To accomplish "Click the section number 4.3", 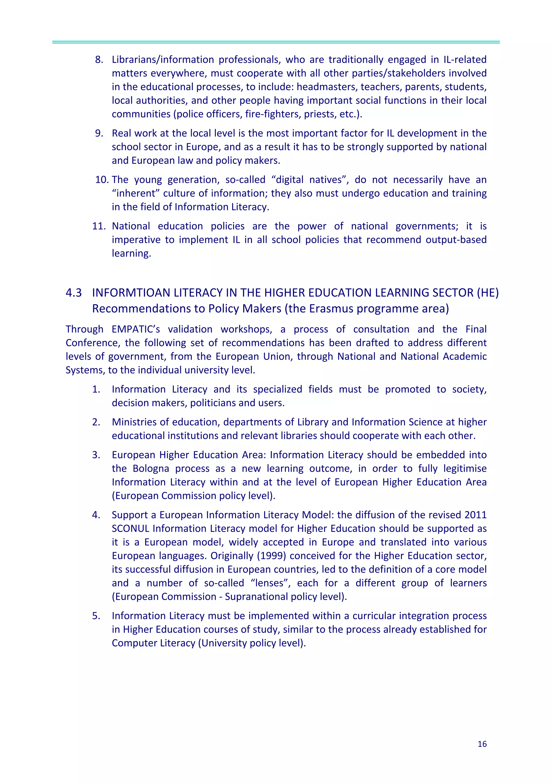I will tap(74, 293).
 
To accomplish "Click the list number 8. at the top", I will tap(99, 60).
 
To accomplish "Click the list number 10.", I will tap(102, 180).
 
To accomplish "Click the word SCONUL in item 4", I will tap(130, 529).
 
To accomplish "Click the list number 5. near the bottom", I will tap(96, 616).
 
